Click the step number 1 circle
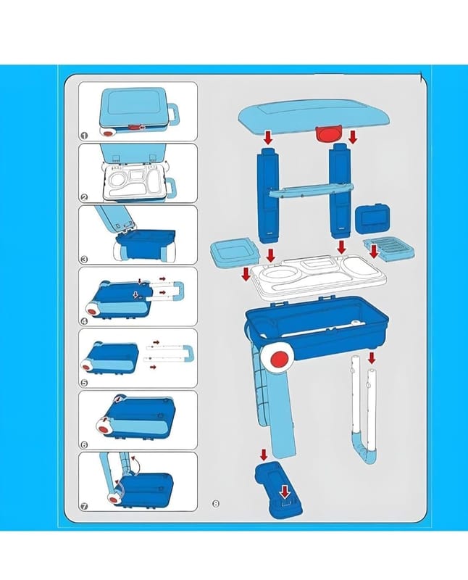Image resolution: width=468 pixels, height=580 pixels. (x=84, y=136)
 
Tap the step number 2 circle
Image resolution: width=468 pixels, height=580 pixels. (x=84, y=197)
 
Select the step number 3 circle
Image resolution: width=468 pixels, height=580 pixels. (x=84, y=260)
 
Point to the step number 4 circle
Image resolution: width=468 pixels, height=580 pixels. (x=84, y=321)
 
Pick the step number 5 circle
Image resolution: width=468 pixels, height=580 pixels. (x=84, y=383)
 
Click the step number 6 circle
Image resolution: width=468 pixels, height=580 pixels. (x=84, y=444)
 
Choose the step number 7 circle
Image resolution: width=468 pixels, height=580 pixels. (x=84, y=506)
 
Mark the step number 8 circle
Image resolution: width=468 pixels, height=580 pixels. (x=216, y=503)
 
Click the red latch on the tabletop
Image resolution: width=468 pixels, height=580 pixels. (x=328, y=133)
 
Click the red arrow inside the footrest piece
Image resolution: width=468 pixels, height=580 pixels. (x=284, y=492)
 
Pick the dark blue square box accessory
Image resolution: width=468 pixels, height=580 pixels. (x=373, y=219)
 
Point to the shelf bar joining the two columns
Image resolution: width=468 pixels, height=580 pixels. (x=311, y=189)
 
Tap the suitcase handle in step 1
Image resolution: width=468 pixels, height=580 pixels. (x=173, y=115)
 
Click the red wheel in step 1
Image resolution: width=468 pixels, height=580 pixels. (x=109, y=133)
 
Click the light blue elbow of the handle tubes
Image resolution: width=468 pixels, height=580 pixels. (x=365, y=447)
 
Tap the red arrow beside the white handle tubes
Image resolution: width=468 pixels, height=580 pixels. (x=372, y=357)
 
